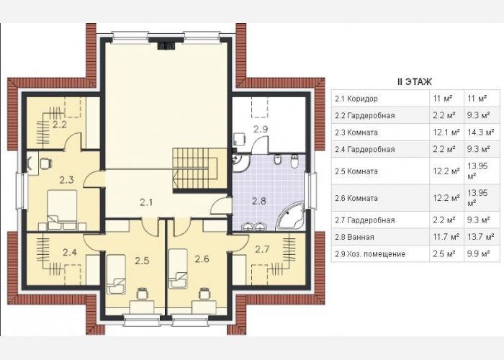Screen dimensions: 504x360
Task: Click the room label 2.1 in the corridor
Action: pos(146,202)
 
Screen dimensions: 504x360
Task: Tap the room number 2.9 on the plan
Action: pos(261,129)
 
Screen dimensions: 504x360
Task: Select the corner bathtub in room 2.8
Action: pos(291,216)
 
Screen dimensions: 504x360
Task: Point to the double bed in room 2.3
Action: pos(63,210)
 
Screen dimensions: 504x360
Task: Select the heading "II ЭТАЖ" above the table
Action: pos(414,82)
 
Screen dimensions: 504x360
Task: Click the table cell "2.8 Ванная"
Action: pos(354,237)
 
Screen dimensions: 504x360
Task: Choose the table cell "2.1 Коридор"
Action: pos(356,99)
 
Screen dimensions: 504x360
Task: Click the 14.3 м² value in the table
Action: pos(480,132)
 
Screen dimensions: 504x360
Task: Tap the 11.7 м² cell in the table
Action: pos(446,237)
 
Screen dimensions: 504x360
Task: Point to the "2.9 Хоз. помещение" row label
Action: pos(370,254)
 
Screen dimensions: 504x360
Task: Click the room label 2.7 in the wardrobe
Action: pos(262,249)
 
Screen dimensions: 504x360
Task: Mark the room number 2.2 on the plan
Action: pos(60,125)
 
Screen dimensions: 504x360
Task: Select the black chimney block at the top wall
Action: pos(166,45)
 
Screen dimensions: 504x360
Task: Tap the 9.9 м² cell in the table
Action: pos(479,254)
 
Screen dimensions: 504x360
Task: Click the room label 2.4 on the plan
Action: pos(70,253)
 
